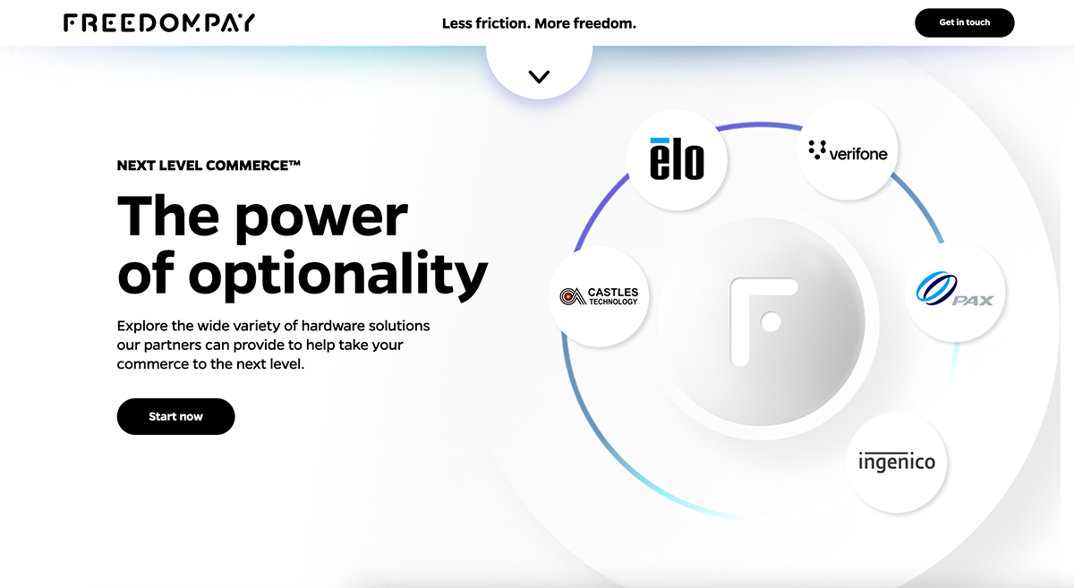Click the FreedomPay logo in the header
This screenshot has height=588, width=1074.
coord(159,23)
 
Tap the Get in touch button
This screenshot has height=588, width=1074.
coord(964,22)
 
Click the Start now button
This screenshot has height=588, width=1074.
coord(175,416)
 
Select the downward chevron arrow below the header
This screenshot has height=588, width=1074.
coord(539,77)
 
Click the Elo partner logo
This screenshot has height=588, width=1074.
coord(677,159)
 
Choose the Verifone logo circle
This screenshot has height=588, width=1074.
coord(848,149)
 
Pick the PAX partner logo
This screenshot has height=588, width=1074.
coord(955,291)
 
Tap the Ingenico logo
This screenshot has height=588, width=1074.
coord(897,463)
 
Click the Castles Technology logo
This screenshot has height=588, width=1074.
coord(599,296)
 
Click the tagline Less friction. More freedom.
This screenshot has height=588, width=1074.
coord(539,23)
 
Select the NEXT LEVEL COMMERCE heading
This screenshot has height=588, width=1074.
coord(209,166)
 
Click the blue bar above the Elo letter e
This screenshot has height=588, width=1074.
coord(660,141)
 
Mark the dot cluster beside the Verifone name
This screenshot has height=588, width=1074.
coord(817,149)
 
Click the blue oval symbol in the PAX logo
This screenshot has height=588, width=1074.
coord(936,288)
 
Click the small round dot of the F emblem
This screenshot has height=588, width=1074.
coord(771,322)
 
